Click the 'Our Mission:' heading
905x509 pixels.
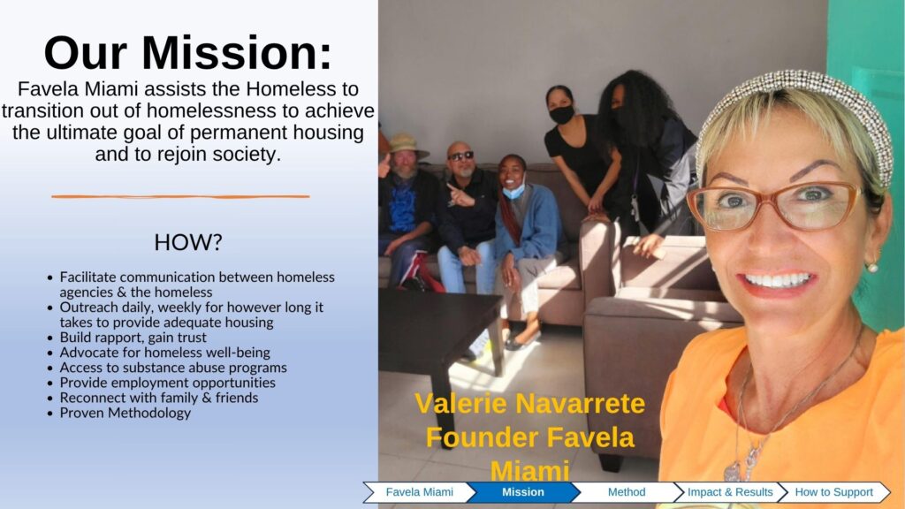[x=188, y=53]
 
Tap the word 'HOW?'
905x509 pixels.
[x=188, y=242]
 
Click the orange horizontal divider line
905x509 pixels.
[x=180, y=197]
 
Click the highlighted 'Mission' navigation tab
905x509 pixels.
[x=523, y=492]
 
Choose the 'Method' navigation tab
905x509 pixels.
[x=627, y=492]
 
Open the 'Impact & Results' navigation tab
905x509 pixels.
[x=730, y=492]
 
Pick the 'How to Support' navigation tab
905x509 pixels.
[x=834, y=492]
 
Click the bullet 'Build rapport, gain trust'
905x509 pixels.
[x=133, y=338]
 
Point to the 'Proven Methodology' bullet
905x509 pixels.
[x=125, y=414]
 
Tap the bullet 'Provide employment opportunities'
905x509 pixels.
[x=167, y=383]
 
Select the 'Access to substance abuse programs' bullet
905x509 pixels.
[x=173, y=368]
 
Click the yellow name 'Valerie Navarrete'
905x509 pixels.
[x=530, y=403]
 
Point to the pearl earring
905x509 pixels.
[x=872, y=267]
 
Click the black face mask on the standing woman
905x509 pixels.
[x=561, y=114]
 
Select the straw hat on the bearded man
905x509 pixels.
[x=407, y=144]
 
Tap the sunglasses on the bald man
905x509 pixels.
[x=461, y=156]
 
